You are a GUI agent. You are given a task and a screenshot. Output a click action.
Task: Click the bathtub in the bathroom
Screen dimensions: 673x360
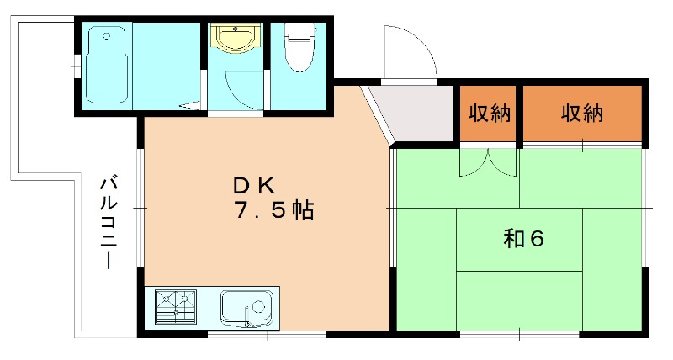tap(107, 65)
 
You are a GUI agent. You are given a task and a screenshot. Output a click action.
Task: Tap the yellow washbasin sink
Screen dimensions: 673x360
tap(236, 39)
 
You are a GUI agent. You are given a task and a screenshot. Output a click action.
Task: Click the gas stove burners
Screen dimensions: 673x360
tap(176, 306)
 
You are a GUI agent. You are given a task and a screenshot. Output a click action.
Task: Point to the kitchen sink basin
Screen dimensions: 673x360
tap(246, 309)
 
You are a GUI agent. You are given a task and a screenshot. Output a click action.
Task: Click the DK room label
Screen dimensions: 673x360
tap(253, 186)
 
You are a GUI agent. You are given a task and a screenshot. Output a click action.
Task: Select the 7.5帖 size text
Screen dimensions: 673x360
tap(274, 210)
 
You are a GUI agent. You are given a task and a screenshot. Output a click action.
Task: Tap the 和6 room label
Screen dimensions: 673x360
tap(523, 239)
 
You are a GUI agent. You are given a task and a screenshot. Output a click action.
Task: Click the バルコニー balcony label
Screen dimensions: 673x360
tap(109, 222)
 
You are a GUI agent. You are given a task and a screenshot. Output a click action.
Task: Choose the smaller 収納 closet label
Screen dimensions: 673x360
tap(489, 114)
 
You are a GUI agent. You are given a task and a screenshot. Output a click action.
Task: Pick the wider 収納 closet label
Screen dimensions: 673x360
tap(582, 114)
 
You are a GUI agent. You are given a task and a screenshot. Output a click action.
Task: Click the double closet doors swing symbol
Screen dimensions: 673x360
tap(488, 163)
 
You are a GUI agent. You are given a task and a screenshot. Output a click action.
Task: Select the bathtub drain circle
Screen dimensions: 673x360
tap(107, 36)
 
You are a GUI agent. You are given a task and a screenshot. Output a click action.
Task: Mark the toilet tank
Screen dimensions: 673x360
tap(299, 31)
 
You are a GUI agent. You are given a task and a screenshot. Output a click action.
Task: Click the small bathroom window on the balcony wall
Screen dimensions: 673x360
tap(77, 67)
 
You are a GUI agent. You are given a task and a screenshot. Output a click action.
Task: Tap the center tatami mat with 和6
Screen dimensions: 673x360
tap(519, 240)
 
